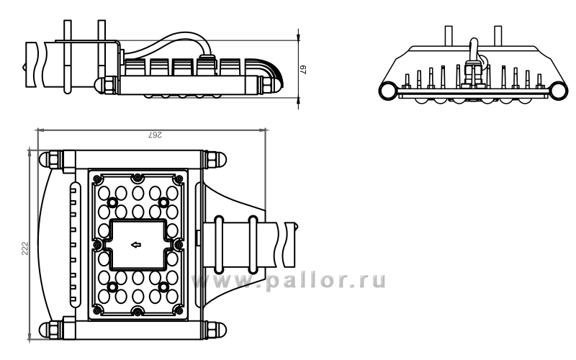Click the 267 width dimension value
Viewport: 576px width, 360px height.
click(155, 135)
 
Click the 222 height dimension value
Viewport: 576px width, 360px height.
click(24, 248)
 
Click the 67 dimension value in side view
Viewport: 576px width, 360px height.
click(303, 69)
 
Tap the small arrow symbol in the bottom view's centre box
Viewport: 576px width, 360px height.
click(136, 244)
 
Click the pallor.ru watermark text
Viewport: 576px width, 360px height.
click(289, 281)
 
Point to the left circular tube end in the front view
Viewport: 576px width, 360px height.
click(388, 91)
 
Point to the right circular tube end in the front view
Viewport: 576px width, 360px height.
click(558, 91)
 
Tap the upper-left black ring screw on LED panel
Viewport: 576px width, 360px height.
click(112, 202)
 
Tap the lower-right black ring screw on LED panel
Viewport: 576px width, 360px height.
click(163, 287)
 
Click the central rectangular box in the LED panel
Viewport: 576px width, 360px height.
click(138, 244)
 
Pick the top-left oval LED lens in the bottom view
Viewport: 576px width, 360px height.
click(104, 193)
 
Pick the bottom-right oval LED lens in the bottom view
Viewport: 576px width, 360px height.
click(172, 296)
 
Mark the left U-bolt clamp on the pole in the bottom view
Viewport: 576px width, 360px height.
click(219, 245)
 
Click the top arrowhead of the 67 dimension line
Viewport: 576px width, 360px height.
click(299, 36)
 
